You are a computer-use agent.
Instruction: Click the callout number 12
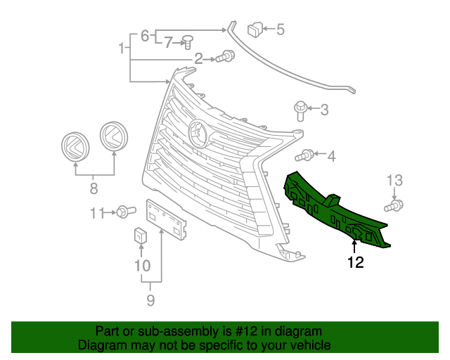(x=355, y=264)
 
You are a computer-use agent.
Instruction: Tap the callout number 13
(x=394, y=182)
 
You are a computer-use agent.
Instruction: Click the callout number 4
(x=330, y=155)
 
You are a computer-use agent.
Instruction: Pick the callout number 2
(x=199, y=58)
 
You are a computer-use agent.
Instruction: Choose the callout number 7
(x=168, y=44)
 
